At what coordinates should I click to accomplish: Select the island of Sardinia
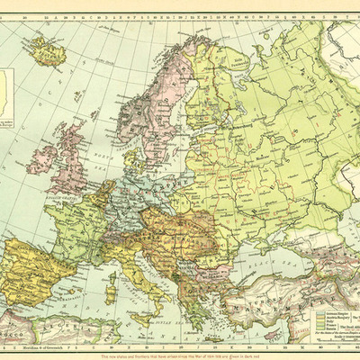[112, 286]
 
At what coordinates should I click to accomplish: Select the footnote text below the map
[180, 355]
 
